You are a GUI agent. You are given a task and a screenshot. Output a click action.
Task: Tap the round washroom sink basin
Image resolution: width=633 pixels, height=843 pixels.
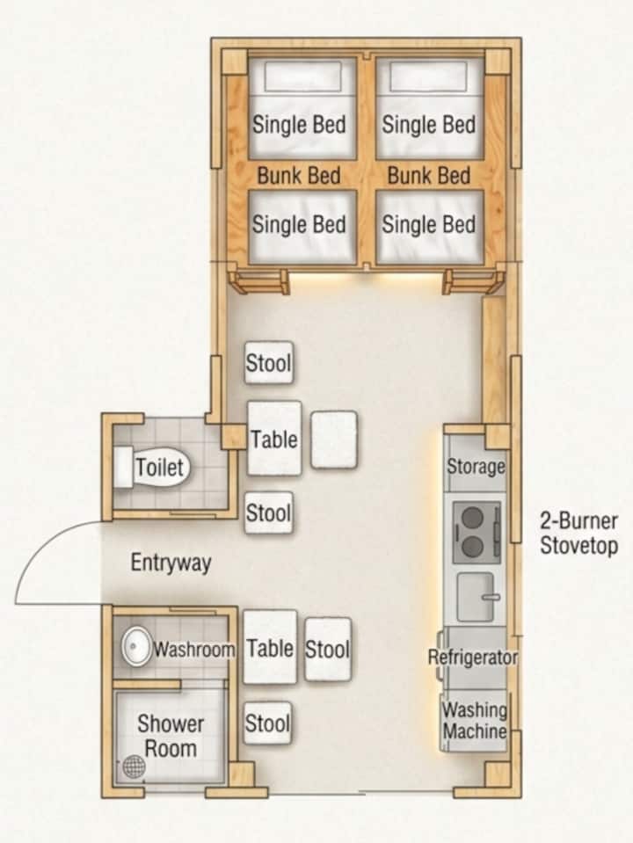[136, 647]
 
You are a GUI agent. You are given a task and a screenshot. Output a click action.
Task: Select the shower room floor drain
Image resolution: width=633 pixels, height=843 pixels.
[134, 766]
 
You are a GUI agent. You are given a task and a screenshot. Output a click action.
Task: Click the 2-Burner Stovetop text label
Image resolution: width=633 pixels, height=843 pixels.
[578, 533]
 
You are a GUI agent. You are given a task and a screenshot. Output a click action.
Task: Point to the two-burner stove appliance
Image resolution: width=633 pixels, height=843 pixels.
[477, 532]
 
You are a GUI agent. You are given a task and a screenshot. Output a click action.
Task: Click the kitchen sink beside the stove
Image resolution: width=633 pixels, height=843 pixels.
[476, 597]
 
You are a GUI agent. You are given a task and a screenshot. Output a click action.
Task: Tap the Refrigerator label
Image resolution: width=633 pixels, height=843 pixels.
[472, 657]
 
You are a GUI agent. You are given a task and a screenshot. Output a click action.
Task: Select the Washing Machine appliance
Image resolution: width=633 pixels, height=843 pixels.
[474, 721]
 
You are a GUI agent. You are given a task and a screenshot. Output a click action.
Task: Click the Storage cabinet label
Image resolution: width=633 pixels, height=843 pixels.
[476, 466]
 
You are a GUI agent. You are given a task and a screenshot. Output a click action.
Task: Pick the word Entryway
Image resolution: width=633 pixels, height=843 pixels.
[171, 563]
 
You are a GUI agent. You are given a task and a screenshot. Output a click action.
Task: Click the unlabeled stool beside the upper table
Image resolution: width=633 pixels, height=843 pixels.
[334, 440]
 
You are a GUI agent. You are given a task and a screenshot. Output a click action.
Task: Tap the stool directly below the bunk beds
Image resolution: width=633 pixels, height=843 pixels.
[269, 362]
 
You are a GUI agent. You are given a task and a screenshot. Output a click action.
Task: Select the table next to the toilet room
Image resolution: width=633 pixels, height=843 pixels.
[274, 438]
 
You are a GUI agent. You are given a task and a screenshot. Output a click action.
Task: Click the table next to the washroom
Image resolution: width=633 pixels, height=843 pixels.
[270, 647]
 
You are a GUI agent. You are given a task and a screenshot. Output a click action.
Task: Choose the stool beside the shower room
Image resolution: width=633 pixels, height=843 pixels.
[268, 723]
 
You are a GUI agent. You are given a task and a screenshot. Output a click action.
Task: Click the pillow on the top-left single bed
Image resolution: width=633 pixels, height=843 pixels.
[302, 76]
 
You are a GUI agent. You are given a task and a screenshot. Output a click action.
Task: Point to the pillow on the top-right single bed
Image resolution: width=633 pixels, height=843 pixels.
[429, 76]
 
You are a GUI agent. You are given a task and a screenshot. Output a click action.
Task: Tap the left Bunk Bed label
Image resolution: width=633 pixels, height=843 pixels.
[299, 175]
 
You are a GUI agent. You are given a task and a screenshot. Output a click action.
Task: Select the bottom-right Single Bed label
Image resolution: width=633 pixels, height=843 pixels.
[429, 224]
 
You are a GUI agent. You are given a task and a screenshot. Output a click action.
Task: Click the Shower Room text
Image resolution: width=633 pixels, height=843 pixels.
[171, 736]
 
